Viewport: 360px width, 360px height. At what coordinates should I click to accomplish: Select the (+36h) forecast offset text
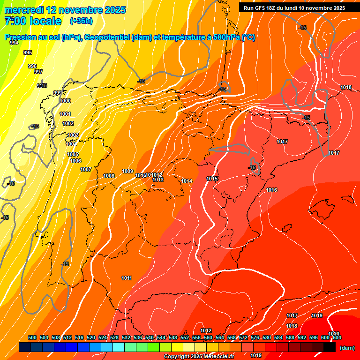[81, 21]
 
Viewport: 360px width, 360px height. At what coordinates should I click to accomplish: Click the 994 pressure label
[14, 43]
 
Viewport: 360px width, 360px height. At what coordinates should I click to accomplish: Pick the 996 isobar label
[32, 66]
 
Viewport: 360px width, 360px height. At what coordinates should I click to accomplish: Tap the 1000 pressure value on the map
[65, 101]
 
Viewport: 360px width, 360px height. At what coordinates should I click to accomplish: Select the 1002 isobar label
[68, 123]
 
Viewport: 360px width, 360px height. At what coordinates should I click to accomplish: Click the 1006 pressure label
[75, 161]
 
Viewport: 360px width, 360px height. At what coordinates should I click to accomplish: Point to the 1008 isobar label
[109, 176]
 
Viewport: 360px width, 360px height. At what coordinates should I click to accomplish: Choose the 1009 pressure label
[127, 171]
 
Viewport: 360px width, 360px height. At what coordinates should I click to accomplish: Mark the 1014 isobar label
[187, 181]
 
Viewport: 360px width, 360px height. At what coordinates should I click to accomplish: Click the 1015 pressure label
[212, 179]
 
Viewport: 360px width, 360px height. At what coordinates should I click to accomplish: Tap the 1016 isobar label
[271, 190]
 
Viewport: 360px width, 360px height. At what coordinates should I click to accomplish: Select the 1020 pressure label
[334, 334]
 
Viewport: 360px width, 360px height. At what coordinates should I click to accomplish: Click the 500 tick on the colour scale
[32, 337]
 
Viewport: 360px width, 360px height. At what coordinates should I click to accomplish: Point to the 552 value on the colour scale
[185, 337]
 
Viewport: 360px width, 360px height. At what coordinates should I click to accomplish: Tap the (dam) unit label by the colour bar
[347, 348]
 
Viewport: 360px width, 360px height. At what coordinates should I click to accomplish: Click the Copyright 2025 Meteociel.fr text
[199, 357]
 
